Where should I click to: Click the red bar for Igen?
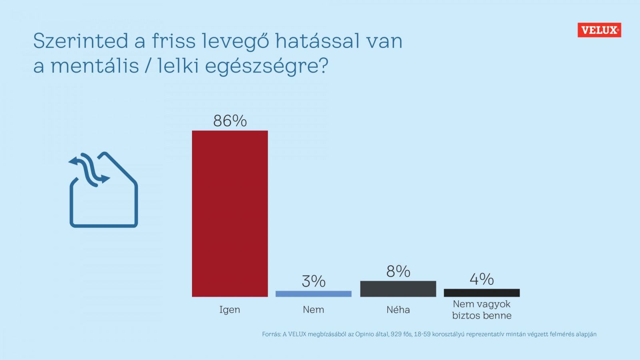tap(230, 213)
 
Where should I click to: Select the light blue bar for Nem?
tap(313, 294)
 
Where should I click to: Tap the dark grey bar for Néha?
tap(398, 288)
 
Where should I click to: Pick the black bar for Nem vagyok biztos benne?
tap(482, 293)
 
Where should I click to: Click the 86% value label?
tap(230, 121)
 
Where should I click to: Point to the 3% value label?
tap(314, 281)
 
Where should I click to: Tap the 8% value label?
tap(398, 272)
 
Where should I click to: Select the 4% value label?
tap(482, 279)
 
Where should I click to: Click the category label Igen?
tap(230, 310)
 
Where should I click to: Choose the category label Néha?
tap(398, 310)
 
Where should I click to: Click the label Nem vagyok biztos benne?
tap(482, 310)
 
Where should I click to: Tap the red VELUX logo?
tap(599, 30)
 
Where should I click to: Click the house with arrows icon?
tap(104, 190)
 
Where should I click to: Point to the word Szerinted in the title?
tap(80, 41)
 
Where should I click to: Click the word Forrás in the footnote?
tap(271, 334)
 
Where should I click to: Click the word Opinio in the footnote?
tap(364, 334)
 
